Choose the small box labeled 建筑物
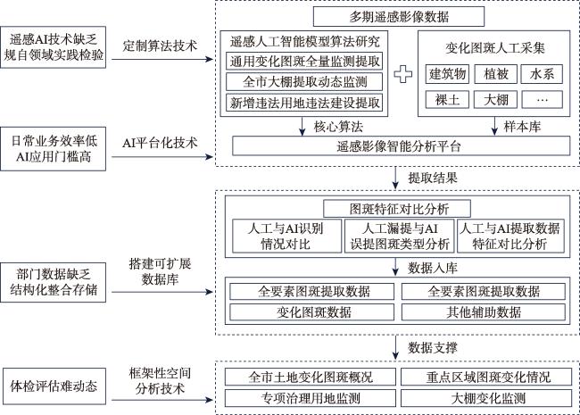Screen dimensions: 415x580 [x=448, y=72]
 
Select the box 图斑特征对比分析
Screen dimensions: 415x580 [x=398, y=209]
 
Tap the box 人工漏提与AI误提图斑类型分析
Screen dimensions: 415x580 [x=398, y=235]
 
